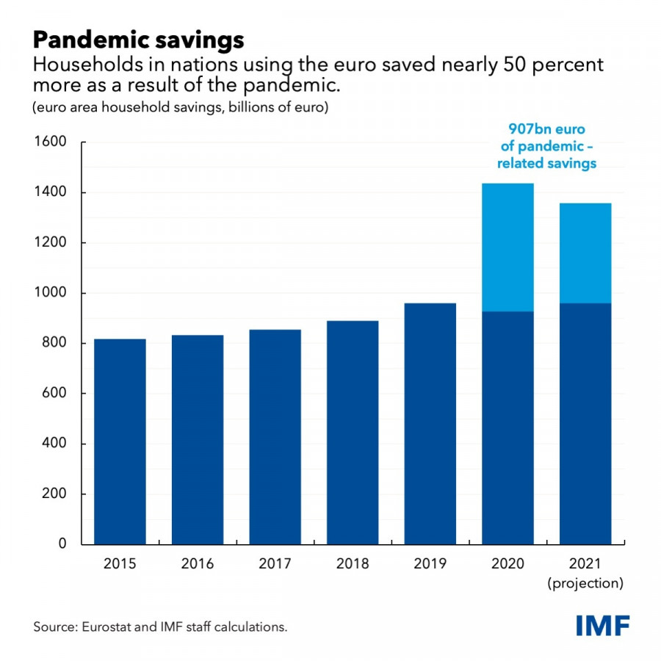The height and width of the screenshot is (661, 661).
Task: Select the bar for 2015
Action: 120,441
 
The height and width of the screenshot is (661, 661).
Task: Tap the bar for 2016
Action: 198,439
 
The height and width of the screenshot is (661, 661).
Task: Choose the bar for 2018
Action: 353,433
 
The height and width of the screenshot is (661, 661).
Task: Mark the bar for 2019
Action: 430,424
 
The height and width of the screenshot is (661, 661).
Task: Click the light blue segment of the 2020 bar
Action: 508,248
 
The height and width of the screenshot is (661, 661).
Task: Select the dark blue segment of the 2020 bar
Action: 508,428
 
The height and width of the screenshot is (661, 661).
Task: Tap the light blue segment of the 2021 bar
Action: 585,253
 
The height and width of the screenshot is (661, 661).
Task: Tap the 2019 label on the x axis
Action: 430,564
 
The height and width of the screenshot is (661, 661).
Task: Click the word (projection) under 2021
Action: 585,584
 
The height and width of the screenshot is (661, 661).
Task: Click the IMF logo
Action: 602,626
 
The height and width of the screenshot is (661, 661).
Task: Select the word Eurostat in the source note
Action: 105,627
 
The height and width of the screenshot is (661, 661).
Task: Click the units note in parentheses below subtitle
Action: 180,108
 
